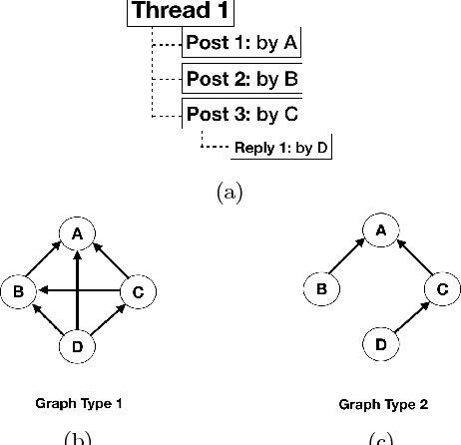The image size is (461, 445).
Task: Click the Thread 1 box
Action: coord(181,12)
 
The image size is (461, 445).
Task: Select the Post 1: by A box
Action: coord(240,44)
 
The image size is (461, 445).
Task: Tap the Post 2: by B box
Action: coord(240,78)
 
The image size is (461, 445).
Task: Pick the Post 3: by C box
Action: coord(240,112)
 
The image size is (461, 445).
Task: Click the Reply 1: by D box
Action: coord(281,148)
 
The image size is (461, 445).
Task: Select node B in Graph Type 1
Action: coord(18,291)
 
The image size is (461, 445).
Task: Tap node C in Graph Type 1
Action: coord(137,291)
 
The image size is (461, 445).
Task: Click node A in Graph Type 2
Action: coord(380,230)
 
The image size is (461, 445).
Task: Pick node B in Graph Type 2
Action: coord(320,290)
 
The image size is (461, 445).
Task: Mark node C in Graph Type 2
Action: coord(440,290)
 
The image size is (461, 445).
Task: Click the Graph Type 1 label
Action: coord(80,404)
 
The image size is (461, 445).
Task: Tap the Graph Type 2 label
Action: coord(382,404)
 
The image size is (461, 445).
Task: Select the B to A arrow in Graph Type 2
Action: coord(349,260)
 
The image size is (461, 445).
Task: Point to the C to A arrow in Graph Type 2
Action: coord(411,261)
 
